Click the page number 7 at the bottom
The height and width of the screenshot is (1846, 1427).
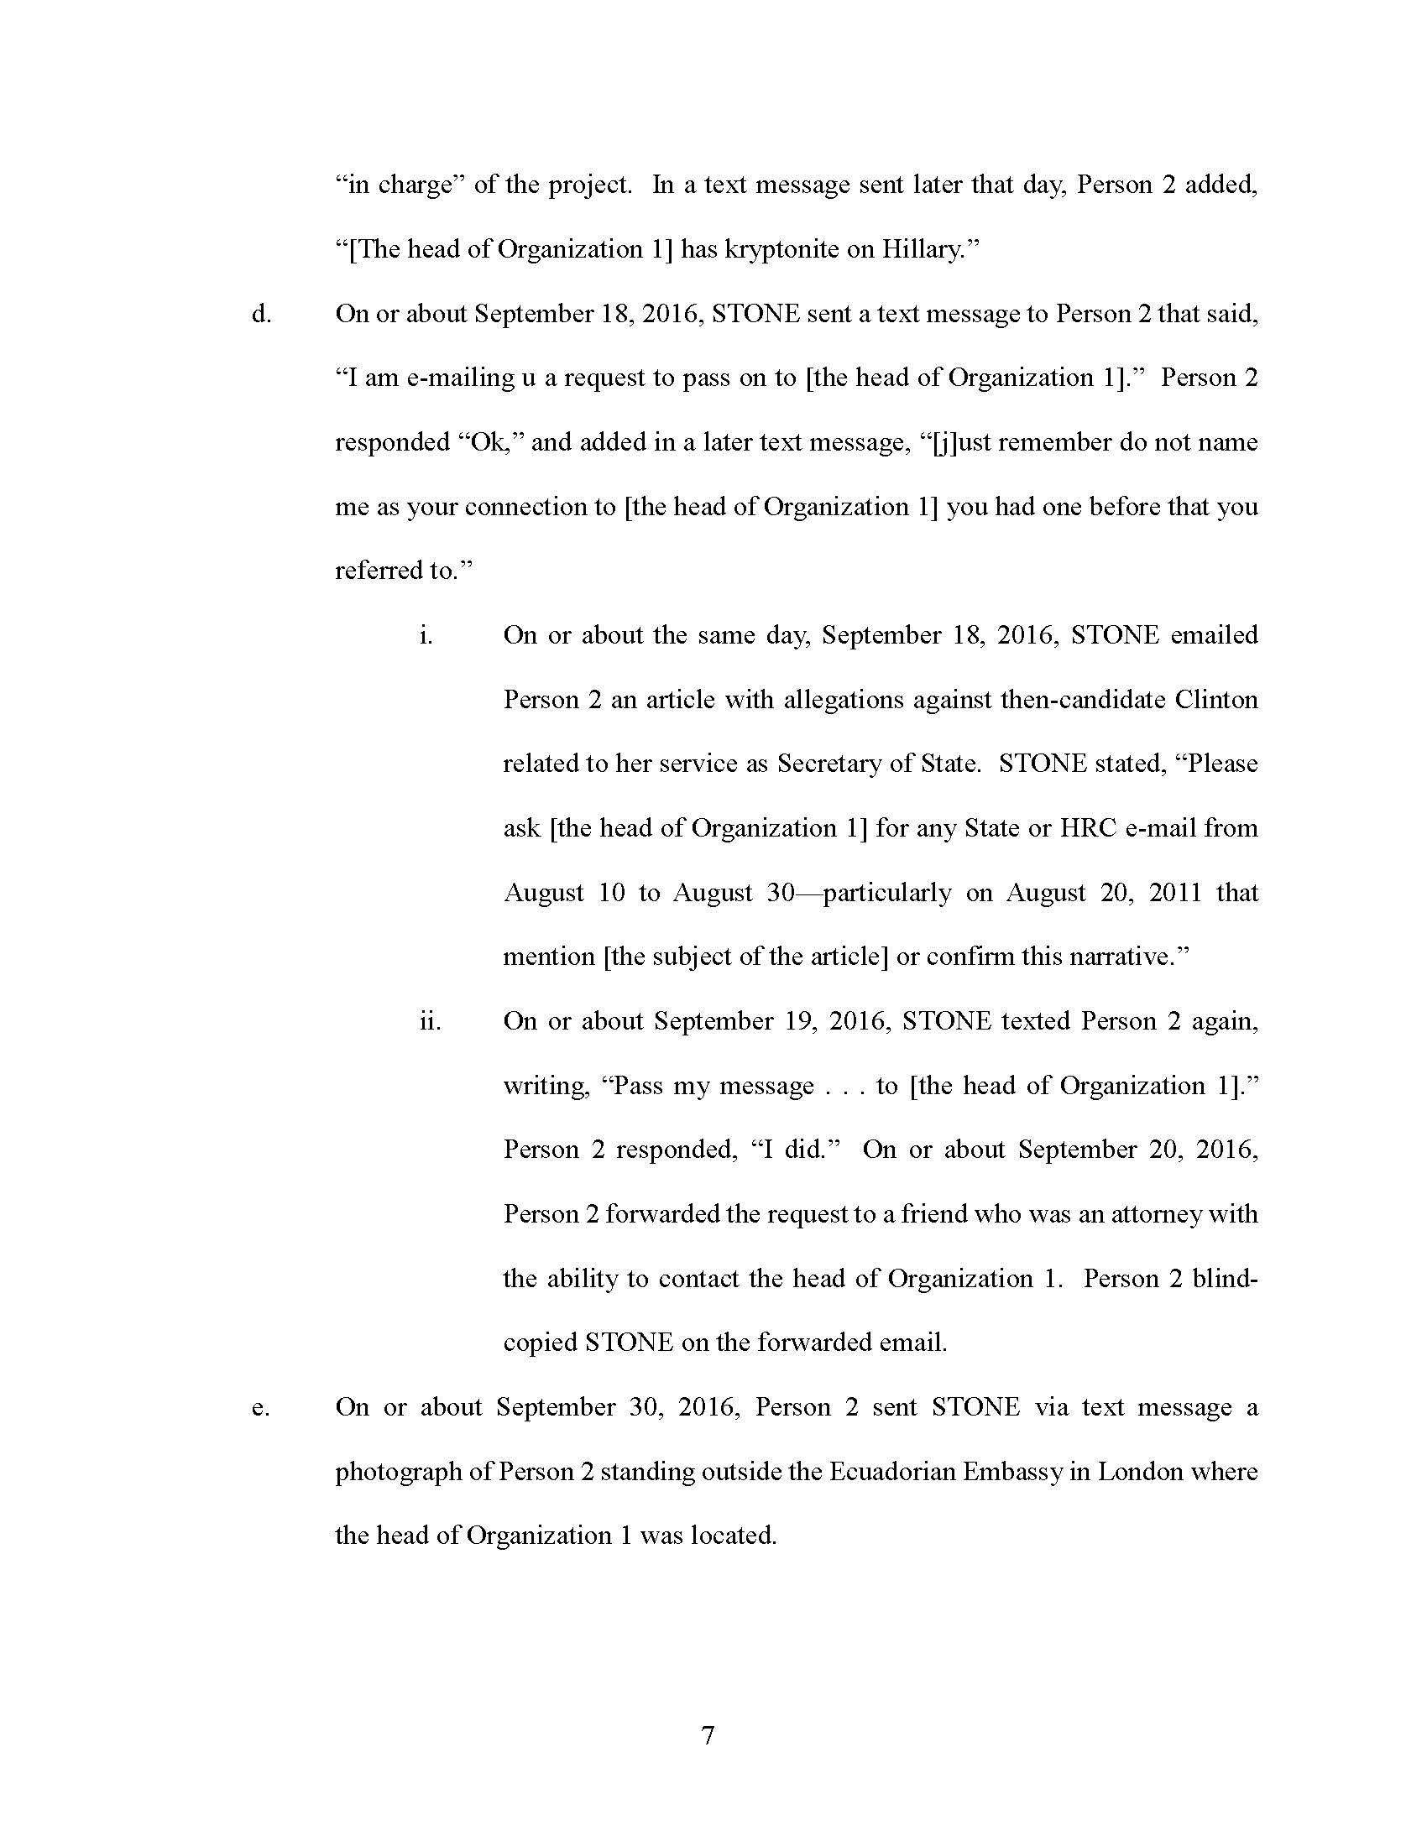[x=708, y=1735]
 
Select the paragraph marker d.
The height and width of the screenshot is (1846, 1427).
[x=261, y=315]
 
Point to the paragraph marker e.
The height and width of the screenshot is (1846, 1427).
[x=261, y=1409]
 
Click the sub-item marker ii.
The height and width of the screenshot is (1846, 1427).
[x=431, y=1022]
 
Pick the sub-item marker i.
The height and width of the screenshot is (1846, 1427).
[x=426, y=636]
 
